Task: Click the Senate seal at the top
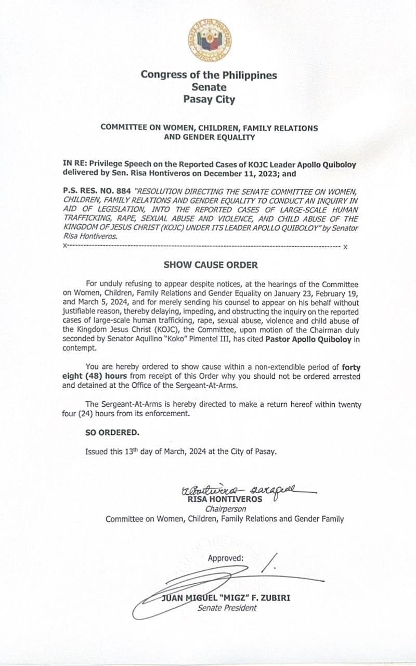(x=210, y=40)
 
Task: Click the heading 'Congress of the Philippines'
(x=209, y=74)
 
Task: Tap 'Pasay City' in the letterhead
(x=209, y=99)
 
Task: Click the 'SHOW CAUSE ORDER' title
(x=211, y=264)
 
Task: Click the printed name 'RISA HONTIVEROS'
(x=225, y=499)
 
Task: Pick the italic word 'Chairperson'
(x=225, y=509)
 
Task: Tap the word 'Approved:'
(x=226, y=558)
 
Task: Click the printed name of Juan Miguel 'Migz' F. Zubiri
(x=226, y=598)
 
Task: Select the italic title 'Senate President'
(x=227, y=608)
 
